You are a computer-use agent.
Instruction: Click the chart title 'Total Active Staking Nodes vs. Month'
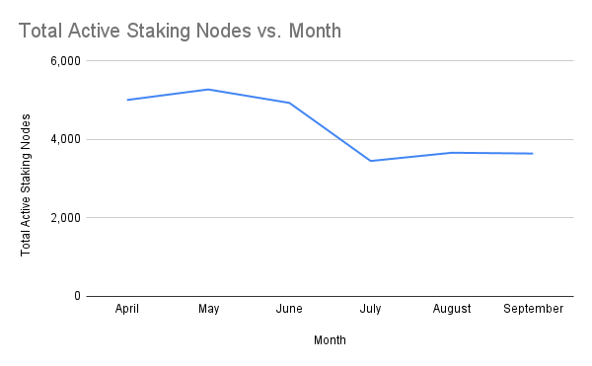180,31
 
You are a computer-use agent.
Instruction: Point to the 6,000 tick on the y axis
64,60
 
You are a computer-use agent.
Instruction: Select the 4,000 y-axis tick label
64,139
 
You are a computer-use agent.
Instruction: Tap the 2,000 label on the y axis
64,217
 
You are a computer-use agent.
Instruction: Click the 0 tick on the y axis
76,296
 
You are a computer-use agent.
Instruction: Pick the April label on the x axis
127,309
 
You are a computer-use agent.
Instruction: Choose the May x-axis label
208,309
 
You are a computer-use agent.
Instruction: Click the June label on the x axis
289,309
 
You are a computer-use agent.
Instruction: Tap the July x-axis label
370,309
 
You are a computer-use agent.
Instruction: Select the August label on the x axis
451,309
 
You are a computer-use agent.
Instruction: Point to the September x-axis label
533,309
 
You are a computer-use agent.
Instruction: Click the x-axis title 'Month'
330,340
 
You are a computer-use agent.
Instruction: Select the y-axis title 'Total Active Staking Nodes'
27,184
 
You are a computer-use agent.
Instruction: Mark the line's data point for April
127,100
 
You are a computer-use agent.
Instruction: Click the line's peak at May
208,90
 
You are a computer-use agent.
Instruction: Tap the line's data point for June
289,103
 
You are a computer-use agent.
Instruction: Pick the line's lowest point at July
370,161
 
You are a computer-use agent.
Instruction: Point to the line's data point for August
451,153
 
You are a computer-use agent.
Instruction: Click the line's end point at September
533,154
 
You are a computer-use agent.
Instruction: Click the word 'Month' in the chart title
311,31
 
